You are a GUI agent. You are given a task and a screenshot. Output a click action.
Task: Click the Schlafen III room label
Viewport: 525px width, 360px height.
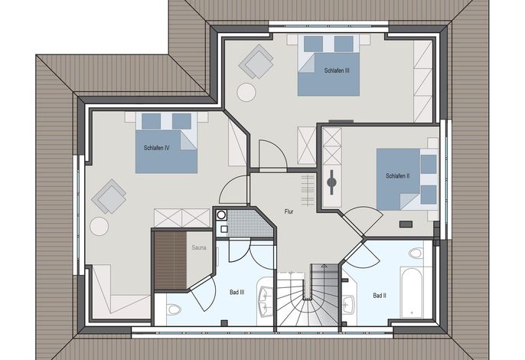(337, 70)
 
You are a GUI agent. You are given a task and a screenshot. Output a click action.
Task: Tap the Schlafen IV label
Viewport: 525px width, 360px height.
(157, 148)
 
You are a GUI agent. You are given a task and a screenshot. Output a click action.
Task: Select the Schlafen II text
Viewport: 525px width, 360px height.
(398, 176)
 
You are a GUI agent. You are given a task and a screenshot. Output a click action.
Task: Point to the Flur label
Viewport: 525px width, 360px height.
(289, 211)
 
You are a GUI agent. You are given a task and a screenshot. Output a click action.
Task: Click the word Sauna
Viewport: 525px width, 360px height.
(199, 247)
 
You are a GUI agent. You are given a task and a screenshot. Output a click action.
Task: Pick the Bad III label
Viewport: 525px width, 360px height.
(236, 293)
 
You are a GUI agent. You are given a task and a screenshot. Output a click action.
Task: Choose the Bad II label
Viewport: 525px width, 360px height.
(380, 296)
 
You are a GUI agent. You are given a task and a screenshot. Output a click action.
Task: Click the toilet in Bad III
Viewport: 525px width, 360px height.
(174, 309)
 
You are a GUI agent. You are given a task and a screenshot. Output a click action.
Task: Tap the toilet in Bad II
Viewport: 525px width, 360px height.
(416, 253)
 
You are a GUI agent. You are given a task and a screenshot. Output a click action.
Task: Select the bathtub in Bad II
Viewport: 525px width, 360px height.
(412, 293)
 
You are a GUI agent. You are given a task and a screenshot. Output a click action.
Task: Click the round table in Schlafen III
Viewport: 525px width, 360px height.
(246, 92)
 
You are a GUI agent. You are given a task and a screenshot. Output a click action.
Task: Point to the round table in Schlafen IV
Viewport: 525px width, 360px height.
(99, 226)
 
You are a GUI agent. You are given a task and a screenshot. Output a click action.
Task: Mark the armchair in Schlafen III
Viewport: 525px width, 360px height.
(256, 62)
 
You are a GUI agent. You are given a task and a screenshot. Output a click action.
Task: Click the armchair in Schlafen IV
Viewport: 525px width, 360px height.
(109, 196)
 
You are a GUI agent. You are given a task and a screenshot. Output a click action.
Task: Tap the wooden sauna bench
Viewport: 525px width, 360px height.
(171, 260)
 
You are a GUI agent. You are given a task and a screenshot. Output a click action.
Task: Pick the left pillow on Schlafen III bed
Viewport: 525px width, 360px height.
(314, 44)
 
